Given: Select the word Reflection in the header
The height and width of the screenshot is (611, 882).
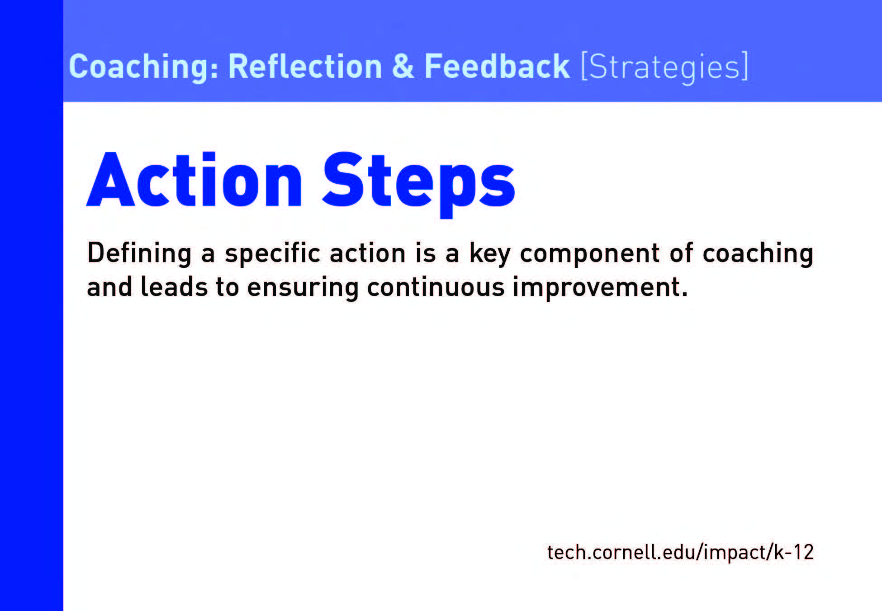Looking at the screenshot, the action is pos(305,67).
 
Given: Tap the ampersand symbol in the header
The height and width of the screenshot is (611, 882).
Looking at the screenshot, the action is pos(403,67).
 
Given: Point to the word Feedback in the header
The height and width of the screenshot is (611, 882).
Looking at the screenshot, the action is pos(497,67).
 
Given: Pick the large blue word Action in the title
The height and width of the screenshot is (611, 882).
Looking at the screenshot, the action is pos(194,180).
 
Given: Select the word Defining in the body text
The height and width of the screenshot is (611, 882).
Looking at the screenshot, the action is pos(139,253).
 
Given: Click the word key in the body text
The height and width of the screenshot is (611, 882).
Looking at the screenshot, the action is pos(490,253).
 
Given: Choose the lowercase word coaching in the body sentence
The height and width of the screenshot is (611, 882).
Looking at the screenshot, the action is pos(758,253).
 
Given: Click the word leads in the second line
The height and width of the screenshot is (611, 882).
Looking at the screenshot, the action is pos(174,287).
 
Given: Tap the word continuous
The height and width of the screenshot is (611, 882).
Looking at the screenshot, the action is pos(436,287).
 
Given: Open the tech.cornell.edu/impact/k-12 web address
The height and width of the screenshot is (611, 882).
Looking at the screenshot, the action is pos(680,552).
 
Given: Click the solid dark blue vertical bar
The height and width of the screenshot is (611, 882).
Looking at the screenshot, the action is pos(32,305).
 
